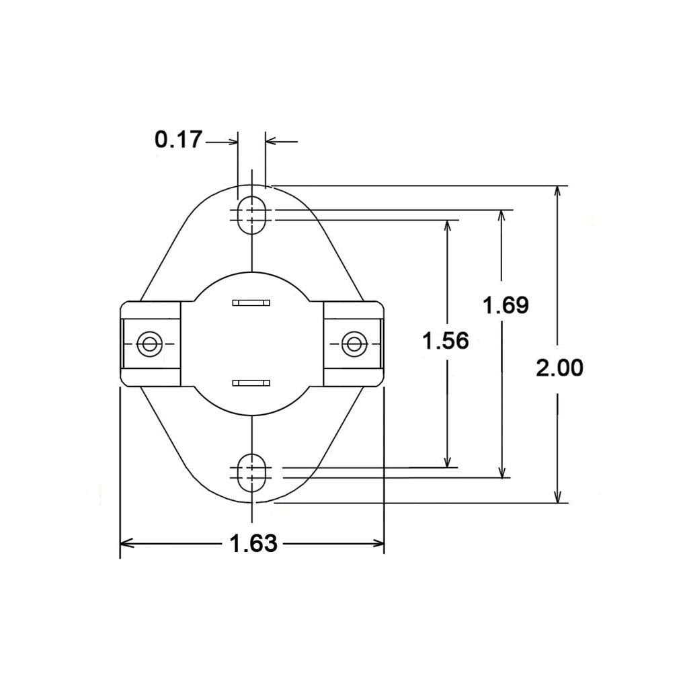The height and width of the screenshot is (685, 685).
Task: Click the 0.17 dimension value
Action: tap(178, 140)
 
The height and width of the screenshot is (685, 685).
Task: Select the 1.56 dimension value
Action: tap(445, 341)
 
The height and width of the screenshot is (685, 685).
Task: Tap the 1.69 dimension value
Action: tap(506, 305)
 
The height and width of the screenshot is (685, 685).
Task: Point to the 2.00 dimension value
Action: tap(559, 368)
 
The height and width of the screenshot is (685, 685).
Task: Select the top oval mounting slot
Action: tap(251, 214)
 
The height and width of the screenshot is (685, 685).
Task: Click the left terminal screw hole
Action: tap(149, 344)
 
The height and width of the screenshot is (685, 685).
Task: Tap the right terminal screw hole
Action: tap(353, 344)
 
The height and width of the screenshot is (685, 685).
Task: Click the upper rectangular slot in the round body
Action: tap(251, 303)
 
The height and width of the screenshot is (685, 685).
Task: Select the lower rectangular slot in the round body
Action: tap(251, 382)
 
